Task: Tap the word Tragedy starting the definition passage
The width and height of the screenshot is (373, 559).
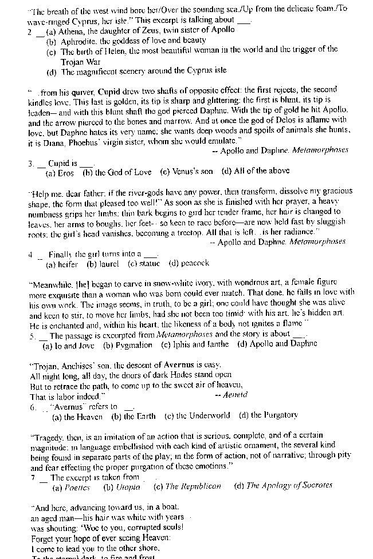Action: tap(46, 436)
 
